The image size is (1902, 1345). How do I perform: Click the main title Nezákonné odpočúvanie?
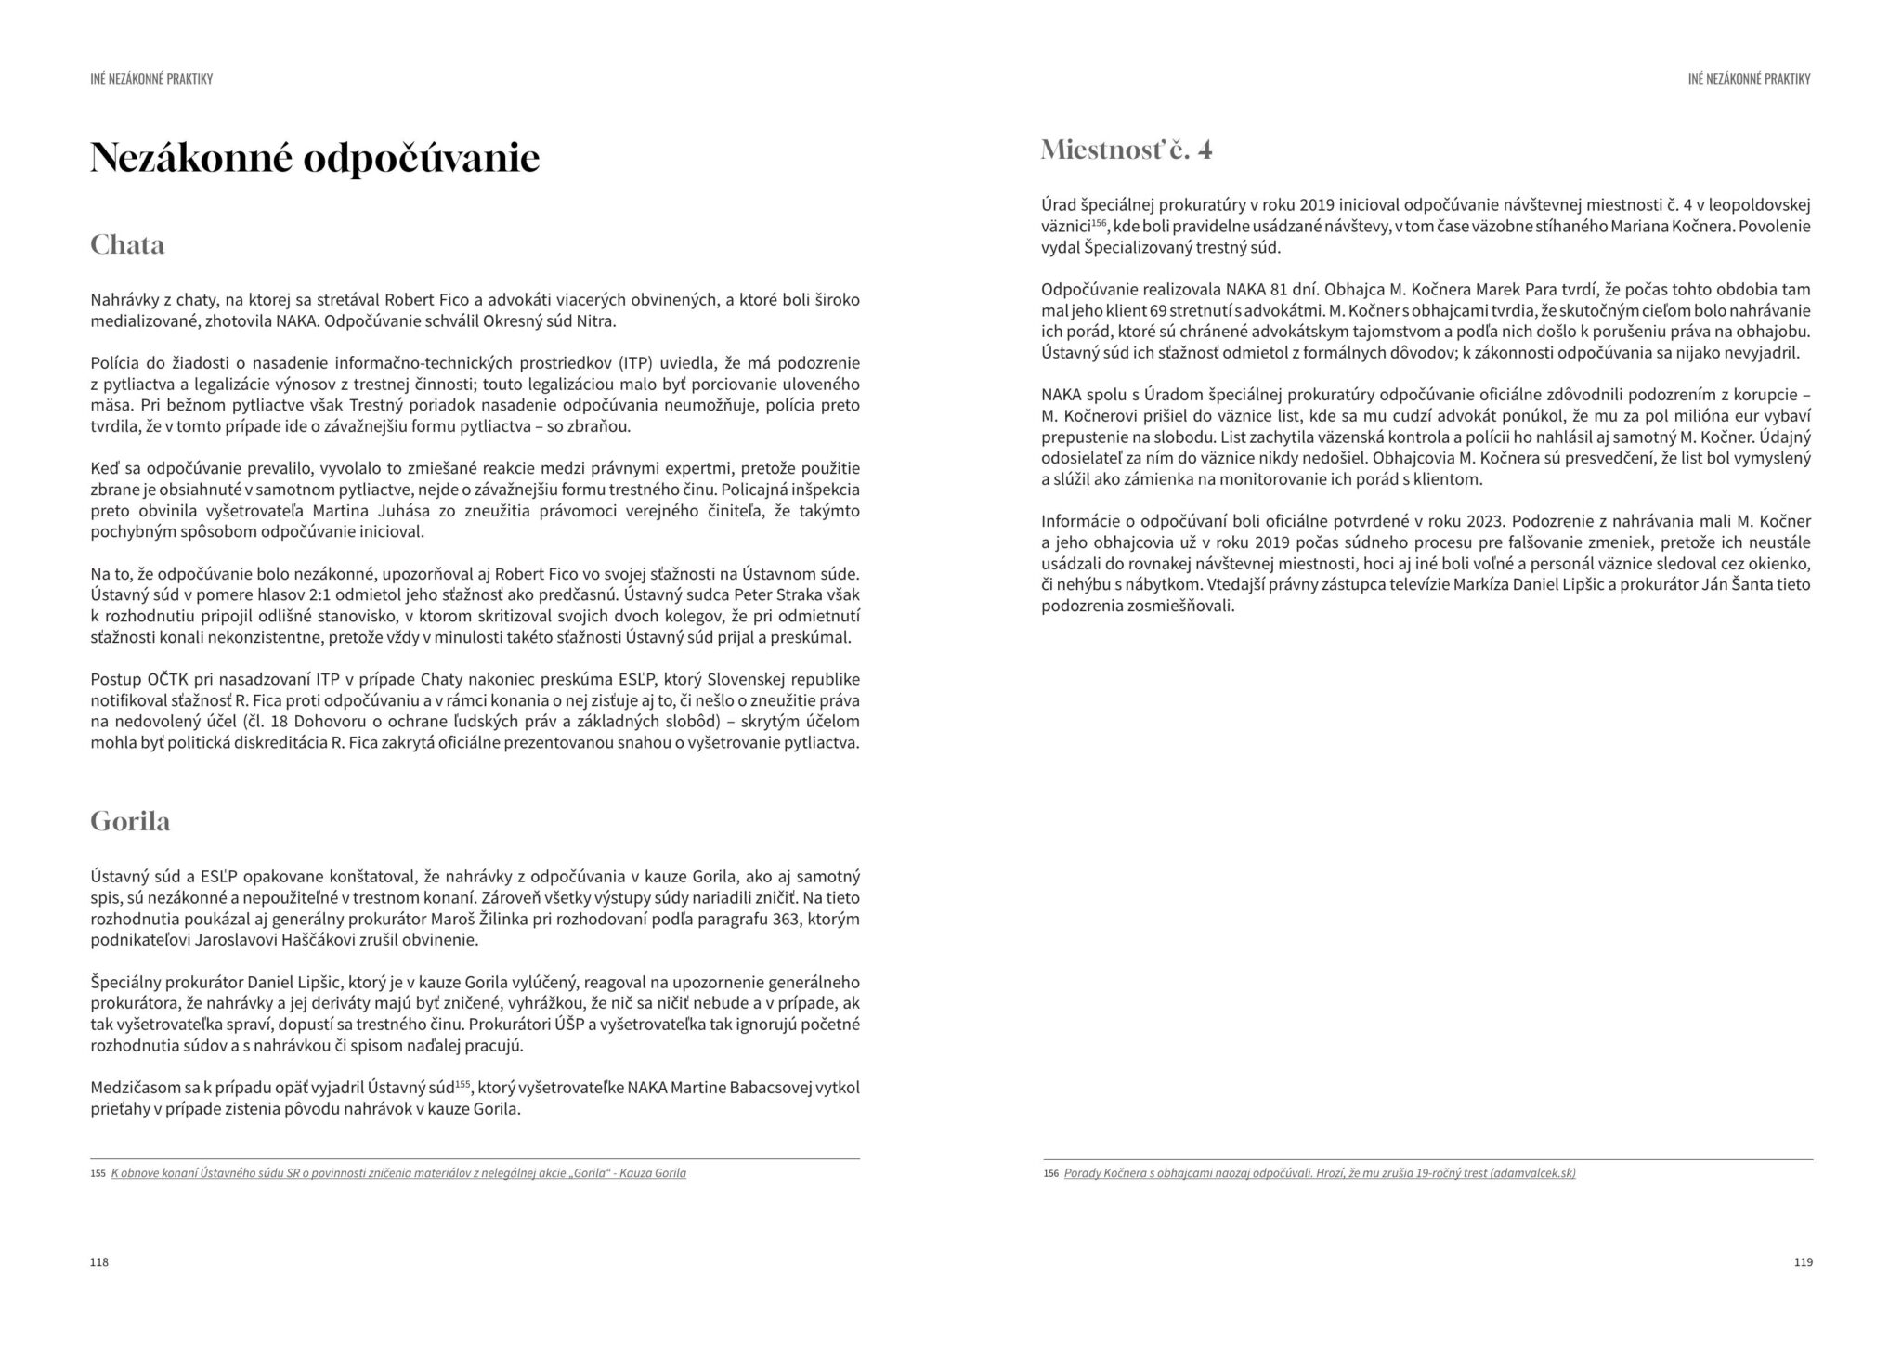pos(315,159)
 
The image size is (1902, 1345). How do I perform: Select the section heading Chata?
pos(127,245)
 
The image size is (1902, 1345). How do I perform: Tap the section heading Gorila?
pos(130,821)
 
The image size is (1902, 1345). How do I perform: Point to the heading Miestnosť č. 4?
pos(1127,150)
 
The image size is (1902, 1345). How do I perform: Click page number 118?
pos(99,1262)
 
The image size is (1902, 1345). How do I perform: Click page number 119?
pos(1803,1262)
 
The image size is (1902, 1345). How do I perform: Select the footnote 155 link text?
pos(398,1173)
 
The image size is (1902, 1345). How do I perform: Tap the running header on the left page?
pos(151,79)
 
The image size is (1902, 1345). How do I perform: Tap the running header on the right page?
pos(1749,79)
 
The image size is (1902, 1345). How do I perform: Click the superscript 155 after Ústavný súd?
pos(463,1083)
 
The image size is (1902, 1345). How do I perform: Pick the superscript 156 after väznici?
pos(1100,224)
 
